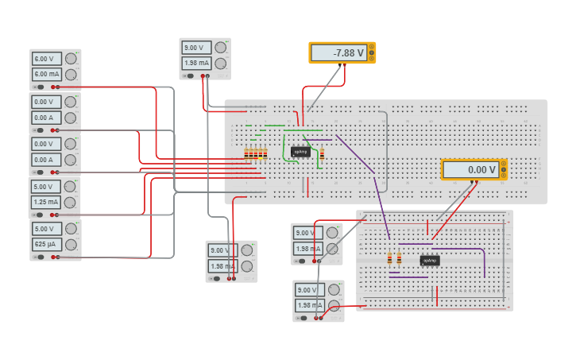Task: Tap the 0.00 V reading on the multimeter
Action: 470,169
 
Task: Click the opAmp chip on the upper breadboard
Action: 300,151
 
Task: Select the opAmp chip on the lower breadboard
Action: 429,260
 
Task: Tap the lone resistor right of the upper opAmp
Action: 323,154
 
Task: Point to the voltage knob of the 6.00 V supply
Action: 72,58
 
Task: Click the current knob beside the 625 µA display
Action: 72,245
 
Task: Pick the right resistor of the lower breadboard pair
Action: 399,258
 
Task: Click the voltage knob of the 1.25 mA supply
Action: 72,186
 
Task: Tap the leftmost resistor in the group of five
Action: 246,154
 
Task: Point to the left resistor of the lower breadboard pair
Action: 389,258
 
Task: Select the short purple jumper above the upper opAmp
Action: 317,140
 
